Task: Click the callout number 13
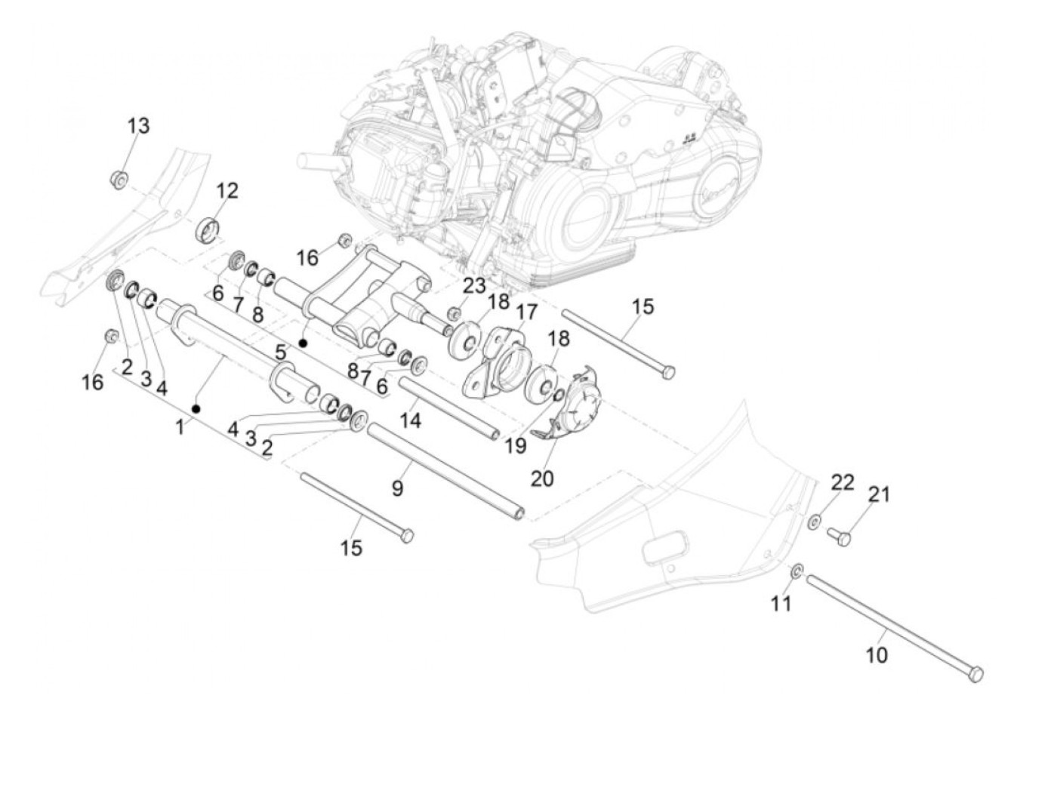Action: (138, 126)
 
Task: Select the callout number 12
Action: (226, 191)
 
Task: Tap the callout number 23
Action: (474, 286)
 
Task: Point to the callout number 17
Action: (527, 312)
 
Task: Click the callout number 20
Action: (542, 479)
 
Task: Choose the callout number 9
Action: (397, 488)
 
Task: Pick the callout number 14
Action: (411, 420)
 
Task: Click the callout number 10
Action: (877, 655)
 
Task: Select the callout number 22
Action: (843, 482)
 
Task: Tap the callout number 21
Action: (879, 494)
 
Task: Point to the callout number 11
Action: (781, 604)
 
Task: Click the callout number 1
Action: (180, 426)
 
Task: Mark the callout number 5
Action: (281, 352)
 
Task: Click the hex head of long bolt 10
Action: (975, 674)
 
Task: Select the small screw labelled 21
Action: (838, 537)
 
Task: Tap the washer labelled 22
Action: (815, 521)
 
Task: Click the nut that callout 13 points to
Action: (119, 180)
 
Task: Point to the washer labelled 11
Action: (797, 571)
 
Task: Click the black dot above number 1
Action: (196, 408)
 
